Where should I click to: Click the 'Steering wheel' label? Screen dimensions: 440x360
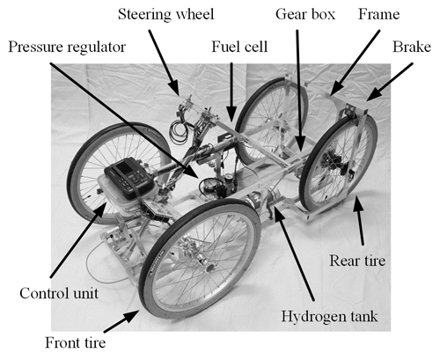[x=166, y=14]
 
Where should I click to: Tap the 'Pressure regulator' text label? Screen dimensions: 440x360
[x=67, y=47]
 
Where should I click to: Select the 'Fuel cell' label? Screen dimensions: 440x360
[x=239, y=47]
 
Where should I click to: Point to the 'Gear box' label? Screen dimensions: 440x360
[x=305, y=14]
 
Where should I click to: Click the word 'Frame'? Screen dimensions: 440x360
[x=378, y=14]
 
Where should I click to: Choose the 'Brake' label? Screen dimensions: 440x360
[x=412, y=47]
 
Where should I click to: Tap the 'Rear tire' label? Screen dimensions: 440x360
[x=357, y=261]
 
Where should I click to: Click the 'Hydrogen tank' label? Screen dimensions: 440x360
[x=329, y=316]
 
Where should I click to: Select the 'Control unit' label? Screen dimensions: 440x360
[x=59, y=293]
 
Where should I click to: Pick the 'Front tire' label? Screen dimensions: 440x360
[x=75, y=342]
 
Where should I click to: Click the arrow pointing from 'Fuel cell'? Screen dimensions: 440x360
[x=231, y=92]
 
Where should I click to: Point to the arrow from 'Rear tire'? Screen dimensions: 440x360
[x=360, y=220]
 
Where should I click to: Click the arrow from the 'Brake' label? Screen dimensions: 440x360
[x=389, y=82]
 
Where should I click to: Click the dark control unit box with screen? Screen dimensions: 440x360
[x=129, y=177]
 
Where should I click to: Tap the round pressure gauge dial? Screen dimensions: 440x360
[x=209, y=187]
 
